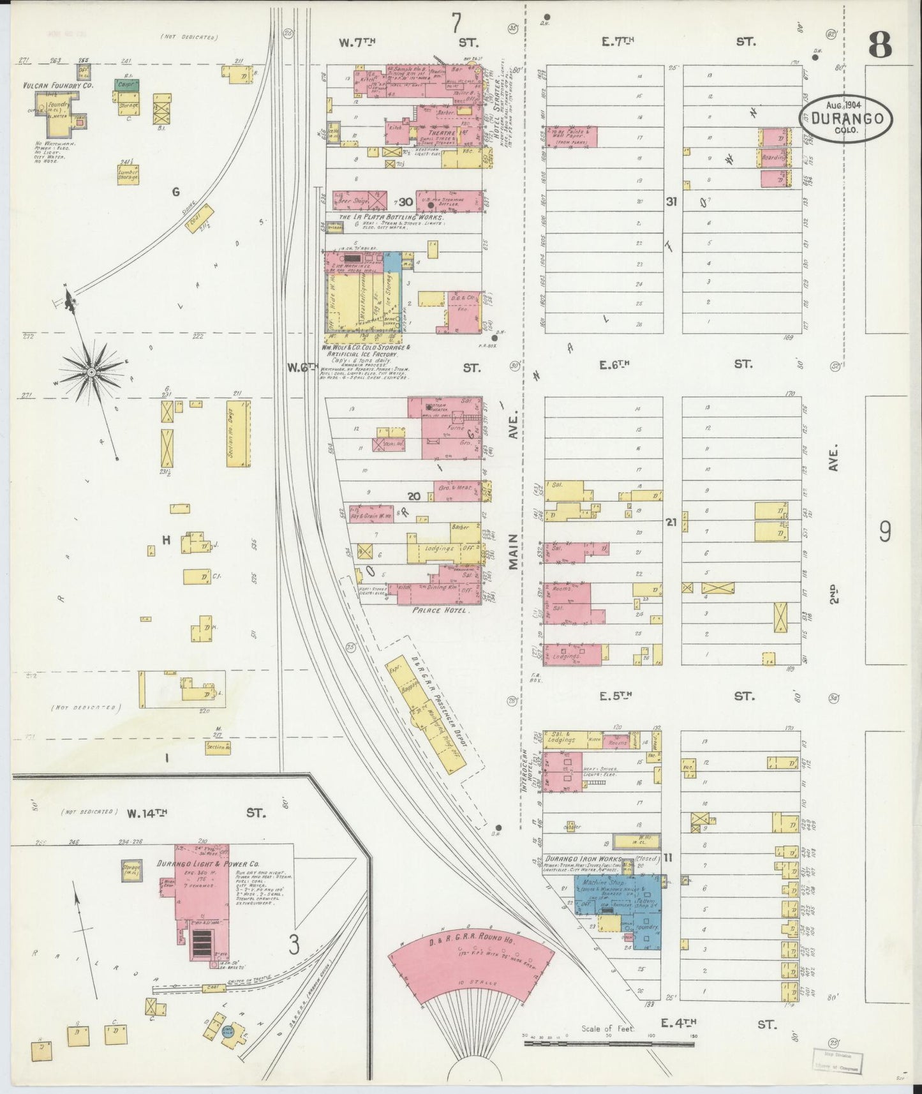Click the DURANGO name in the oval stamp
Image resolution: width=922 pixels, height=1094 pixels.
(846, 119)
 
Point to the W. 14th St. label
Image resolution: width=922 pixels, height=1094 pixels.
(147, 813)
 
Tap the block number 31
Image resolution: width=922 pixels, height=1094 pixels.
(671, 202)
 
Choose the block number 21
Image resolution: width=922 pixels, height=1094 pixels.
(671, 522)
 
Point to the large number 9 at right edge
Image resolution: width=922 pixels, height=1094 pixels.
(885, 531)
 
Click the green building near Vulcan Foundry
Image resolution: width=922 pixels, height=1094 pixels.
(128, 84)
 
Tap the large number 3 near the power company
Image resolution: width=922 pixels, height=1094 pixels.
(294, 945)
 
